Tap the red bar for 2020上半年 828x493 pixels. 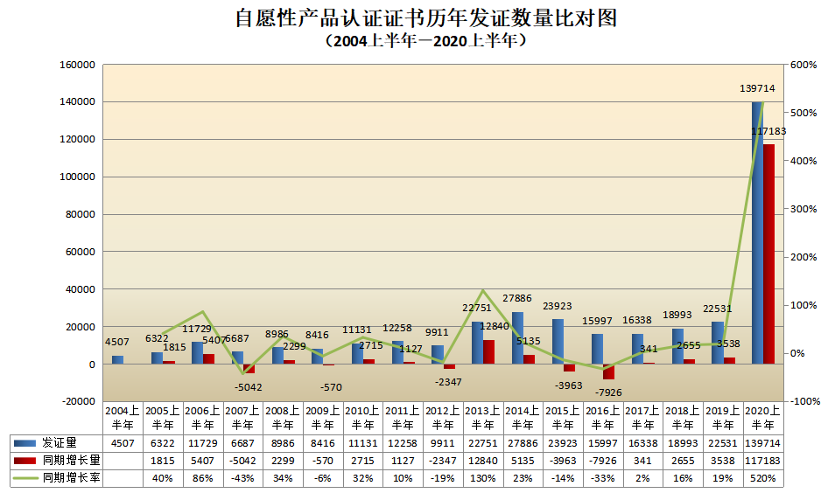click(768, 253)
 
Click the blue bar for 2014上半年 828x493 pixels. click(517, 337)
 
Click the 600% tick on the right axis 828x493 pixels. click(803, 65)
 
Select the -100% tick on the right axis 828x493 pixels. click(803, 401)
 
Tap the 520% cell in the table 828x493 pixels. click(763, 478)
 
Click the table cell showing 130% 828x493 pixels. click(483, 478)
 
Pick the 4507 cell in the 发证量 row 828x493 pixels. click(123, 443)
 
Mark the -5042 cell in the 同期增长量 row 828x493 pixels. click(242, 461)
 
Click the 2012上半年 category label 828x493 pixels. click(443, 418)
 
